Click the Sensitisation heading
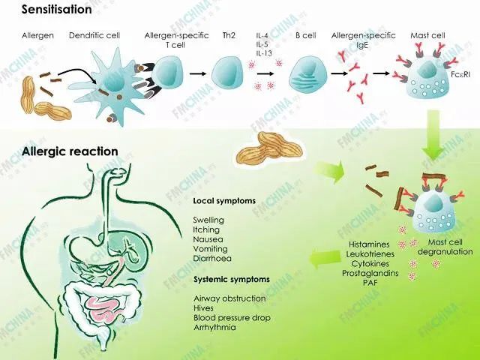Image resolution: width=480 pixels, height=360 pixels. coord(46,10)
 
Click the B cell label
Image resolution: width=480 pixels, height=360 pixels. coord(306,35)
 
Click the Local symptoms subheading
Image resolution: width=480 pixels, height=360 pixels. coord(223,201)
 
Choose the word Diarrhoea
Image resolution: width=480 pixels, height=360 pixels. coord(211,258)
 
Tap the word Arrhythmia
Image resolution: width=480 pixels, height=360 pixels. coord(214,327)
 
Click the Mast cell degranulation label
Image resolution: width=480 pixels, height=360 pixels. coord(448,247)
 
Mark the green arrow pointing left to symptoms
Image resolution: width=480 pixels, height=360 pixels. coord(323,259)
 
